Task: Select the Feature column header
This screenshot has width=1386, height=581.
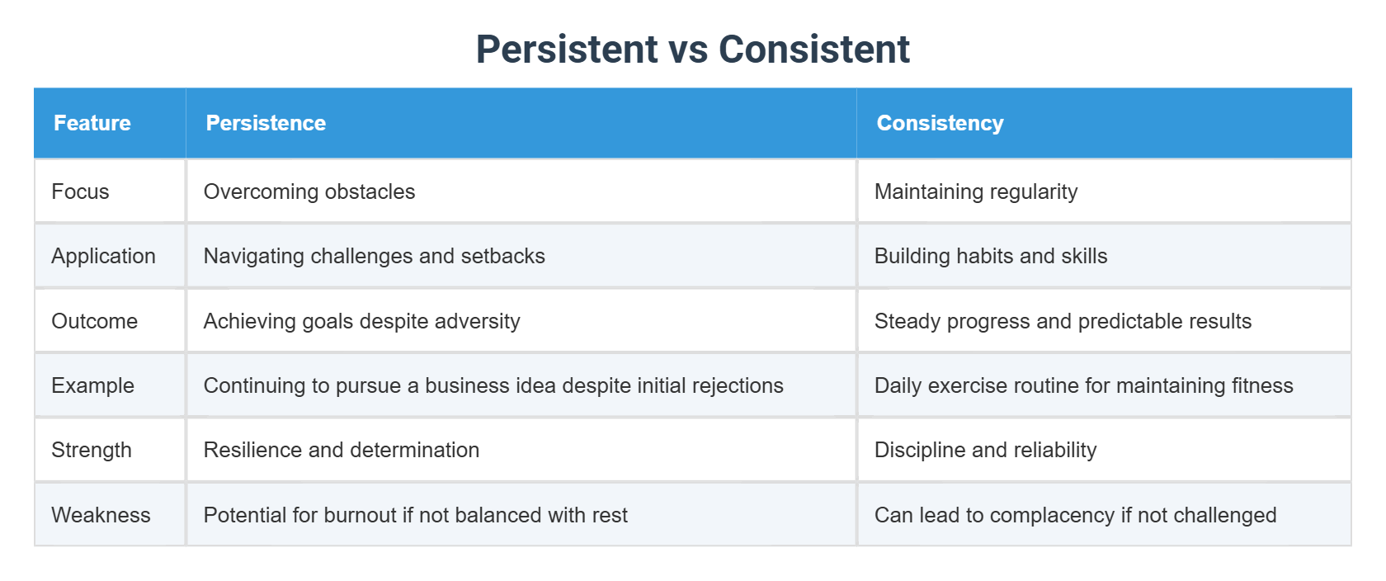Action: (92, 123)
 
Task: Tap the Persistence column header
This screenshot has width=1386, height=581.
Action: (266, 123)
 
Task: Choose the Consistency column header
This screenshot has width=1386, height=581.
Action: (940, 123)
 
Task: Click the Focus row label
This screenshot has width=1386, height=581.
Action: (80, 191)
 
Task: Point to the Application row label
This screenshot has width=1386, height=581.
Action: (103, 256)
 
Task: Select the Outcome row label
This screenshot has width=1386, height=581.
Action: (94, 321)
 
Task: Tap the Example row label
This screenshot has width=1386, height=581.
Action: (92, 385)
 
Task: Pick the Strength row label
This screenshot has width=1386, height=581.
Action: (92, 450)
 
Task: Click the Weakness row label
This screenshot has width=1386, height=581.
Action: (101, 515)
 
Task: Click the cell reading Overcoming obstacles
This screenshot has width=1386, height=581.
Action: (309, 191)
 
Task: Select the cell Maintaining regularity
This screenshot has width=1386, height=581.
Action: (976, 191)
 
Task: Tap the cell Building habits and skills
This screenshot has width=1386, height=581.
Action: (991, 256)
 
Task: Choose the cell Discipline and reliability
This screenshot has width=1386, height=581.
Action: (985, 450)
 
